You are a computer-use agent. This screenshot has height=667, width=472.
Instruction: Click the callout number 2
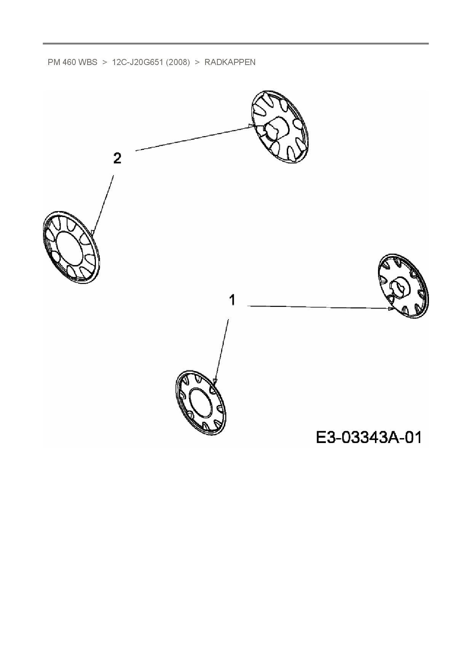click(117, 158)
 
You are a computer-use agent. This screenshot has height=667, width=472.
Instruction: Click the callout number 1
click(232, 300)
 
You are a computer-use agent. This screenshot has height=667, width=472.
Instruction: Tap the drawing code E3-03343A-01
click(368, 437)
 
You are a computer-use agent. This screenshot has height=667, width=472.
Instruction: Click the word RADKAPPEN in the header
click(230, 62)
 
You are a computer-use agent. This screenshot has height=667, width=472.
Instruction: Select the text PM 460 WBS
click(72, 62)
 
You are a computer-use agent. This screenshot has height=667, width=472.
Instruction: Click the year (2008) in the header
click(178, 62)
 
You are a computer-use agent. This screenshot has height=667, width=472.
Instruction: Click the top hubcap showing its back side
click(280, 127)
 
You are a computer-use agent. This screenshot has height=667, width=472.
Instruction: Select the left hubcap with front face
click(71, 248)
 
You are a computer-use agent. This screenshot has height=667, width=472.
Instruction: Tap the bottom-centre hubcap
click(201, 402)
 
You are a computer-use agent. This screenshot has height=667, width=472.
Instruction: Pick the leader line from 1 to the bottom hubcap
click(222, 350)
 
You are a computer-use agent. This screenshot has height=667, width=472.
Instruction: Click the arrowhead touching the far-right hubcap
click(391, 309)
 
